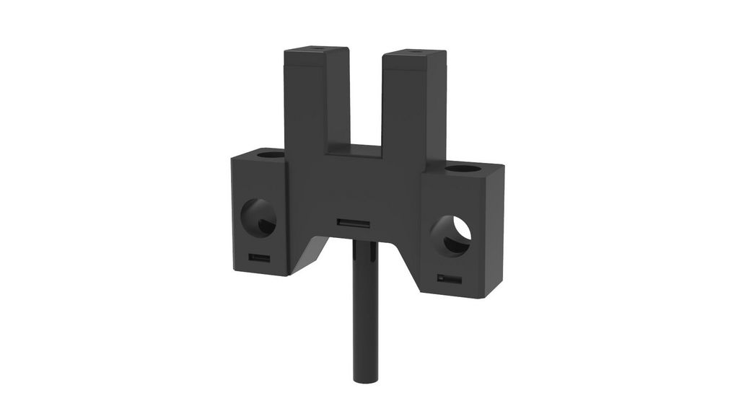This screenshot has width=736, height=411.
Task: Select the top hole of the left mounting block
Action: (270, 154)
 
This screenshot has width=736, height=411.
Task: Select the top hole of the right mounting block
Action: (463, 169)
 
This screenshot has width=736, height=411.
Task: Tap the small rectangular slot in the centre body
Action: (354, 224)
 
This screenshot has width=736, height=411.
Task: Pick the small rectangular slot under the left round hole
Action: (259, 257)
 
